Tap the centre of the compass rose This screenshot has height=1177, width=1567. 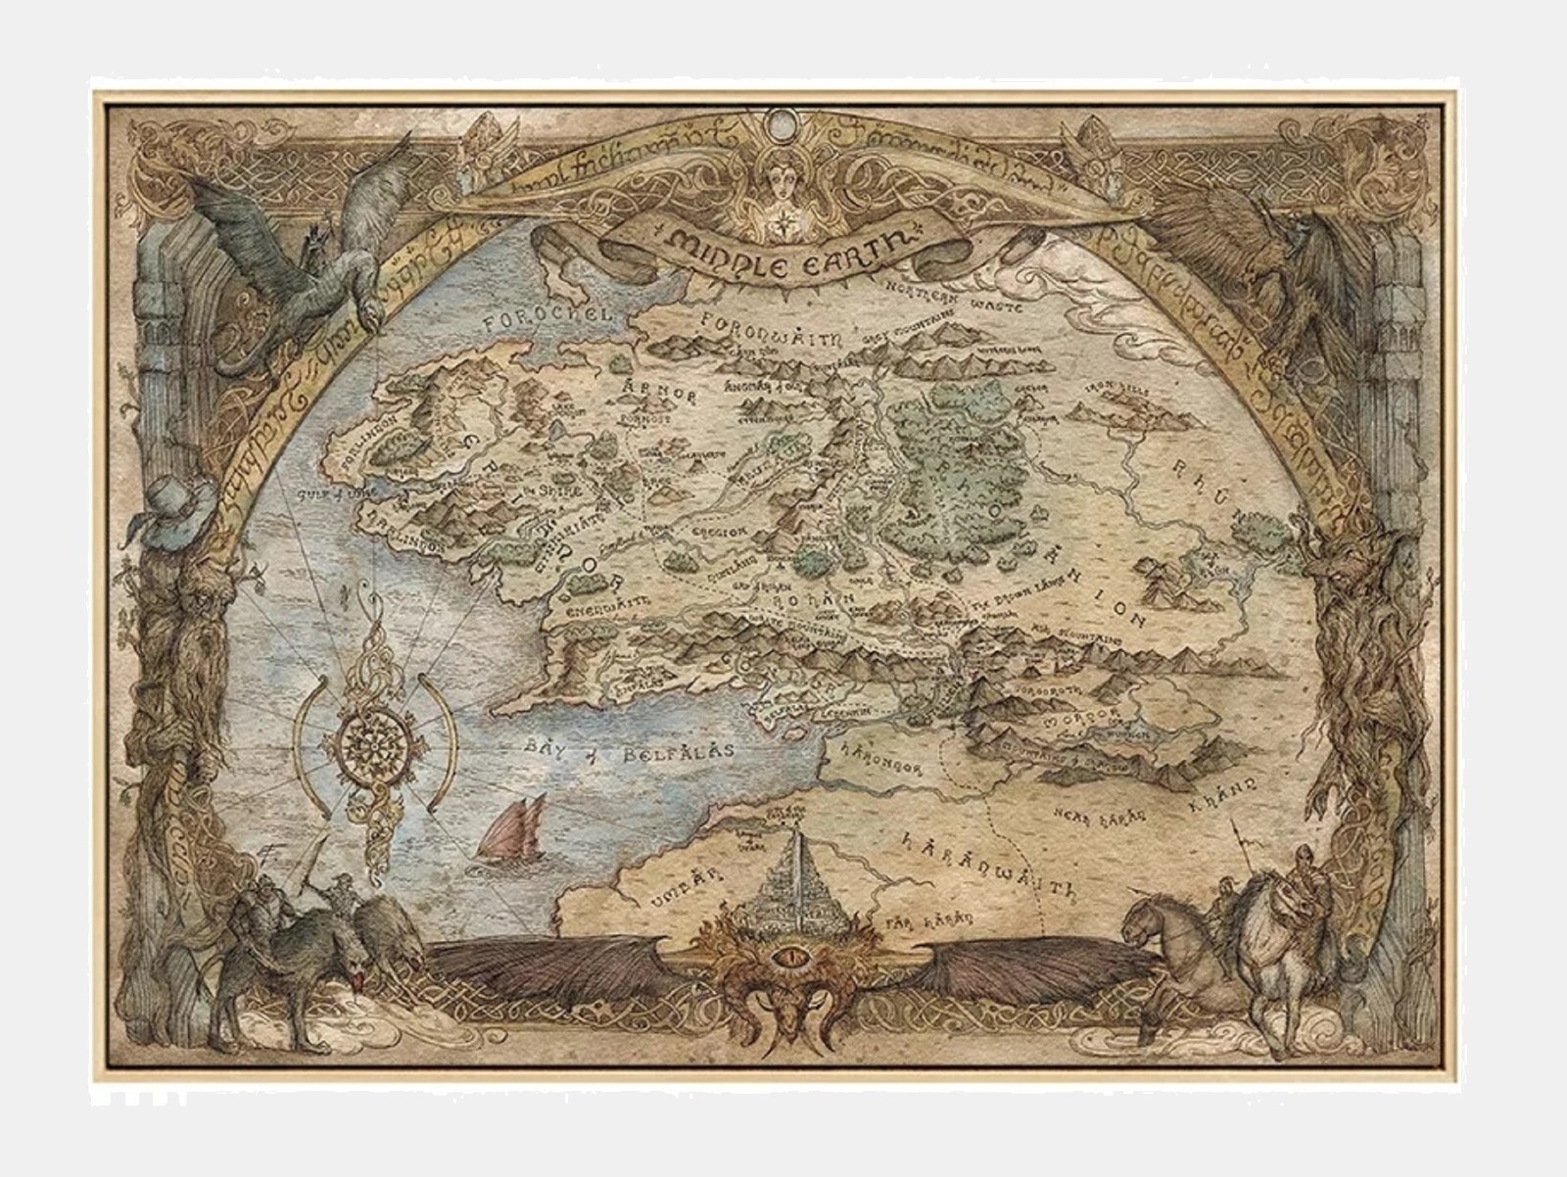point(375,741)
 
